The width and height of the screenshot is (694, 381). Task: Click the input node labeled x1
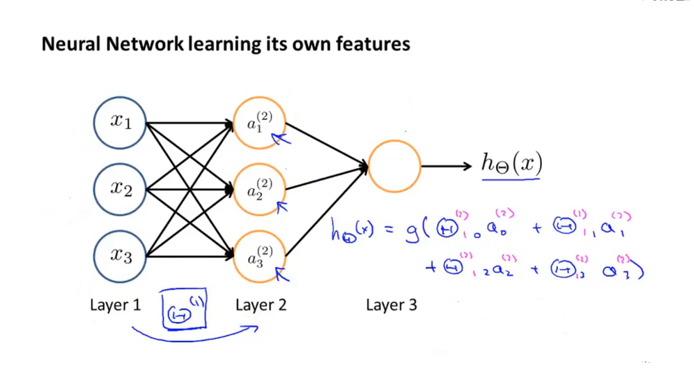pos(121,123)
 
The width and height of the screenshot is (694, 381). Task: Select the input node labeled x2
pos(121,189)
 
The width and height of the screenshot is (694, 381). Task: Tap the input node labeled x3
pos(121,255)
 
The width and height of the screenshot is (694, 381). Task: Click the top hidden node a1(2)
pos(259,124)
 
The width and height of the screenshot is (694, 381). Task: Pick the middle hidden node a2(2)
pos(259,189)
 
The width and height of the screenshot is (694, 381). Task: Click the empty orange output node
pos(394,166)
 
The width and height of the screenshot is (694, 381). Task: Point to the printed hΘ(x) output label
pos(511,164)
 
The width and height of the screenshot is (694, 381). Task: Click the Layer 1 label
pos(115,305)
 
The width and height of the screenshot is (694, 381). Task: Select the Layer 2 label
pos(261,305)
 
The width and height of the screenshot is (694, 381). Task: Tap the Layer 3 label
pos(391,305)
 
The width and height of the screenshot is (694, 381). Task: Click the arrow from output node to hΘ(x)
pos(447,166)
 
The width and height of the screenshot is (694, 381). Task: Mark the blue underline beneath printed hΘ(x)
pos(511,179)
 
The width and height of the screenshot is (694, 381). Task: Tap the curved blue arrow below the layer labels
pos(195,334)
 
